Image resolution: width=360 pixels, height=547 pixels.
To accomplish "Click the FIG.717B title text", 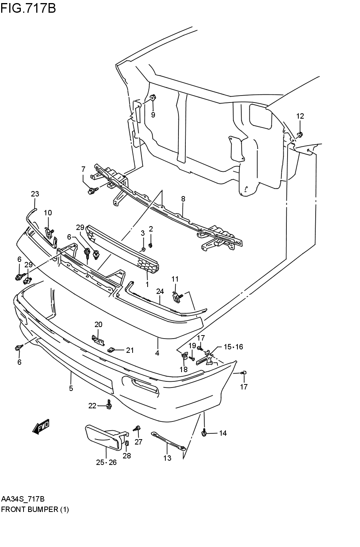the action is [29, 8].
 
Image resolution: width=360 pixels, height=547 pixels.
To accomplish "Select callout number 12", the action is [300, 116].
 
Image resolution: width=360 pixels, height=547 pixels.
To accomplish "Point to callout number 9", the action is [153, 115].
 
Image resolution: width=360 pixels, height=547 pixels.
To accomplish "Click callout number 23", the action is [35, 194].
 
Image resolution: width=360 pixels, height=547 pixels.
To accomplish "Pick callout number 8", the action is [183, 199].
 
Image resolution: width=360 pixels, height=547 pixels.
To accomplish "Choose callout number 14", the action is [223, 433].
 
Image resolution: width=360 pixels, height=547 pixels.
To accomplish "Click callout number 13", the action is [167, 458].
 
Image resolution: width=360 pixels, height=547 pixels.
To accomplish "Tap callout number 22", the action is [93, 406].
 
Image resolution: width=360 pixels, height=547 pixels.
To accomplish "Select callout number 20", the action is [98, 324].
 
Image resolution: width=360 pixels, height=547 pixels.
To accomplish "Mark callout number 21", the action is [130, 351].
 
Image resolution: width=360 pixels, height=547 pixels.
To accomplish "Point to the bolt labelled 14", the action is [204, 432].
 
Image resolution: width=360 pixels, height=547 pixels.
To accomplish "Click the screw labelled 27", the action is [137, 428].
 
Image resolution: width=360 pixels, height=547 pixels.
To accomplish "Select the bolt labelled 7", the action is [93, 190].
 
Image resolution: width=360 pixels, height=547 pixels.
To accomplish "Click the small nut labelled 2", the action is [151, 245].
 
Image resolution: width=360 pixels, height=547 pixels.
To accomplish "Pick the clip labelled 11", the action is [177, 297].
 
